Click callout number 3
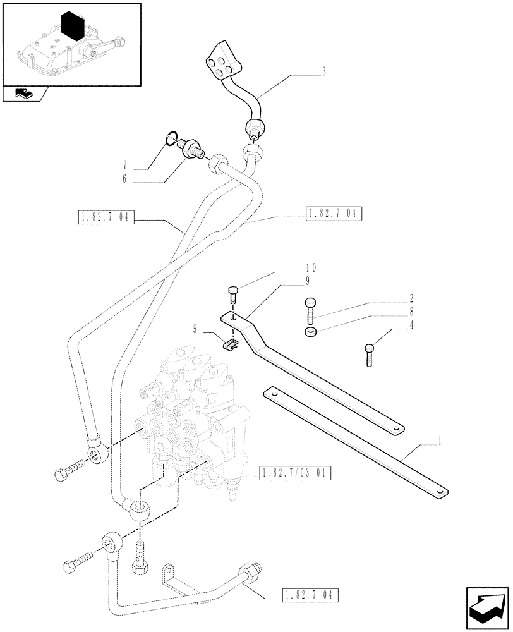(323, 71)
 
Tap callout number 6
(125, 179)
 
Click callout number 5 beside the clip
(195, 329)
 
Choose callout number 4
(412, 326)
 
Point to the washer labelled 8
(310, 333)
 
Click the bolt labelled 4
(370, 354)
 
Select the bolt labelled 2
(310, 308)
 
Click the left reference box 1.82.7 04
(104, 218)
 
